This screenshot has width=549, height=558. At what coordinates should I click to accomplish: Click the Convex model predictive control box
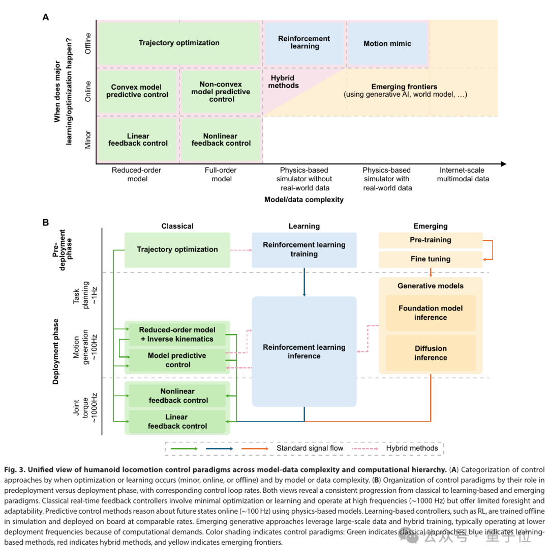coord(137,91)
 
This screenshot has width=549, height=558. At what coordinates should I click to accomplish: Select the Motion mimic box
coord(387,43)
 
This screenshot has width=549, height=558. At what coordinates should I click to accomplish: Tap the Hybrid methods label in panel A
coord(283,82)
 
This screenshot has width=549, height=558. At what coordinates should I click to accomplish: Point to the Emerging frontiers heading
coord(404,87)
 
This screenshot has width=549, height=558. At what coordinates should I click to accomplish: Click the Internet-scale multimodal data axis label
coord(463,174)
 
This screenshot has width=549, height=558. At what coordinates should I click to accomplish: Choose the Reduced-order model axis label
coord(137,174)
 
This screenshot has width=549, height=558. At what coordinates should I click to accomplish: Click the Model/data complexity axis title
coord(304,200)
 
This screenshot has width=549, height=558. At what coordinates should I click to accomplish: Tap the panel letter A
coord(45,17)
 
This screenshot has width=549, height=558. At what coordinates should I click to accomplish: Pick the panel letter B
coord(45,222)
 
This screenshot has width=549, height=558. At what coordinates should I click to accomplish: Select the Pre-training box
coord(431,240)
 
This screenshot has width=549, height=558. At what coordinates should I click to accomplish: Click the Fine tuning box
coord(431,260)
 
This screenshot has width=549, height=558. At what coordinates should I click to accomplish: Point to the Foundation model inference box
coord(431,313)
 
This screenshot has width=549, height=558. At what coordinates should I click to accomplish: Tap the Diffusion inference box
coord(431,353)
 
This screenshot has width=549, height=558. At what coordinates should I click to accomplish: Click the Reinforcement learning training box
coord(304,250)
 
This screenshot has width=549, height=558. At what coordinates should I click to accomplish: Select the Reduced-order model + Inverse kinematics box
coord(177,334)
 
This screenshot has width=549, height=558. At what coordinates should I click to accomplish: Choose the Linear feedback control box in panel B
coord(177,422)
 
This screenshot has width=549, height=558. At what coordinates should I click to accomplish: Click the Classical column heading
coord(177,226)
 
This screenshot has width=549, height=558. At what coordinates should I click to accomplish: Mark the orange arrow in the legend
coord(255,449)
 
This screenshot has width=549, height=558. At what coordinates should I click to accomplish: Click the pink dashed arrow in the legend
coord(365,449)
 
